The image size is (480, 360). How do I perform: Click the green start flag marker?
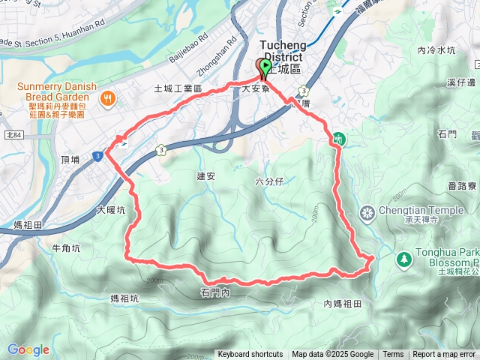(265, 69)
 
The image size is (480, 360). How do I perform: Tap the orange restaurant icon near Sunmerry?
(109, 98)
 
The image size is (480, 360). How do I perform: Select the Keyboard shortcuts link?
(250, 355)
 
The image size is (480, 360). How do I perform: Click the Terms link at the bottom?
(393, 355)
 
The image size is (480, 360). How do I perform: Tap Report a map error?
(444, 355)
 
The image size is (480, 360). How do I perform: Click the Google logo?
(28, 349)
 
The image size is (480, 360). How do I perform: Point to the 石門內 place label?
(215, 292)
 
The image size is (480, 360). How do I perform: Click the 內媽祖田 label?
(343, 304)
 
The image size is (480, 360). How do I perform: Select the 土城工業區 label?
(178, 88)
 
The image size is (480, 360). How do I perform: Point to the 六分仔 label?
(269, 181)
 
